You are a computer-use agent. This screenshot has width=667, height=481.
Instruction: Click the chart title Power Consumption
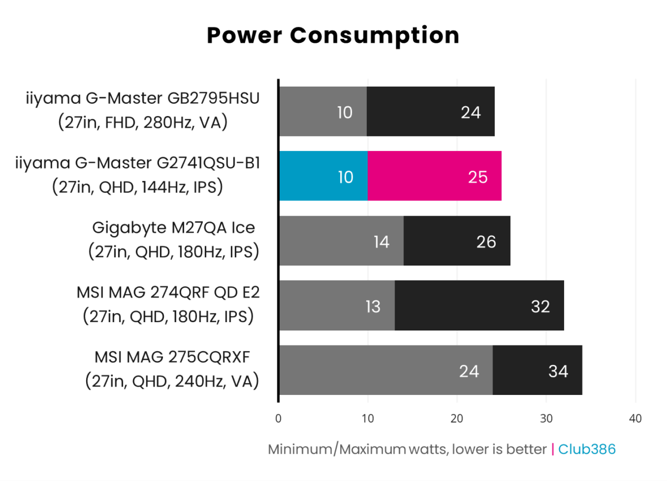coord(333,36)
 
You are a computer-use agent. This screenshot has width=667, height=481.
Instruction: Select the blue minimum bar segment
coord(323,176)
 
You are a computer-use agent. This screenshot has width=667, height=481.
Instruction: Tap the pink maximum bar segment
coord(434,176)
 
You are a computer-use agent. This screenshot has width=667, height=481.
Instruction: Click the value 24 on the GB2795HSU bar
coord(470,112)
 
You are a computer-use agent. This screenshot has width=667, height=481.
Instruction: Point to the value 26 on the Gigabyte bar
coord(486,242)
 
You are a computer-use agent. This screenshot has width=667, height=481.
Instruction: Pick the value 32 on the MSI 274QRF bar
coord(540,306)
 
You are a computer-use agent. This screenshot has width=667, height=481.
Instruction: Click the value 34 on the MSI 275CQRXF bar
coord(558,370)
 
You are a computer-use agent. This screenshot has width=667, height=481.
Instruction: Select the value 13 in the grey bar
coord(373,306)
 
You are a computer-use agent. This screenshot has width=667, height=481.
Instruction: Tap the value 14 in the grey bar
coord(381,242)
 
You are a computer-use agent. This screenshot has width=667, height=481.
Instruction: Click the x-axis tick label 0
coord(278,418)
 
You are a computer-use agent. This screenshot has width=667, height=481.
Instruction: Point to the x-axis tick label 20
coord(457,418)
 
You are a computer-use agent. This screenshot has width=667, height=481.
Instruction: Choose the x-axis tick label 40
coord(635,418)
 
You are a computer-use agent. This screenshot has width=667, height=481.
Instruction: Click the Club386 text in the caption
coord(587,449)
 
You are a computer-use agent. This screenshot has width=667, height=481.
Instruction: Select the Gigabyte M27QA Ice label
coord(173,228)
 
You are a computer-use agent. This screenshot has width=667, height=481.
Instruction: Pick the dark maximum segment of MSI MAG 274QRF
coord(479,306)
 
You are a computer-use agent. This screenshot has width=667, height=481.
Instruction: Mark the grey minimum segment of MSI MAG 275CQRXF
coord(385,370)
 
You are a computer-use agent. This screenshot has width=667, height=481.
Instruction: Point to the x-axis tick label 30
coord(546,418)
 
